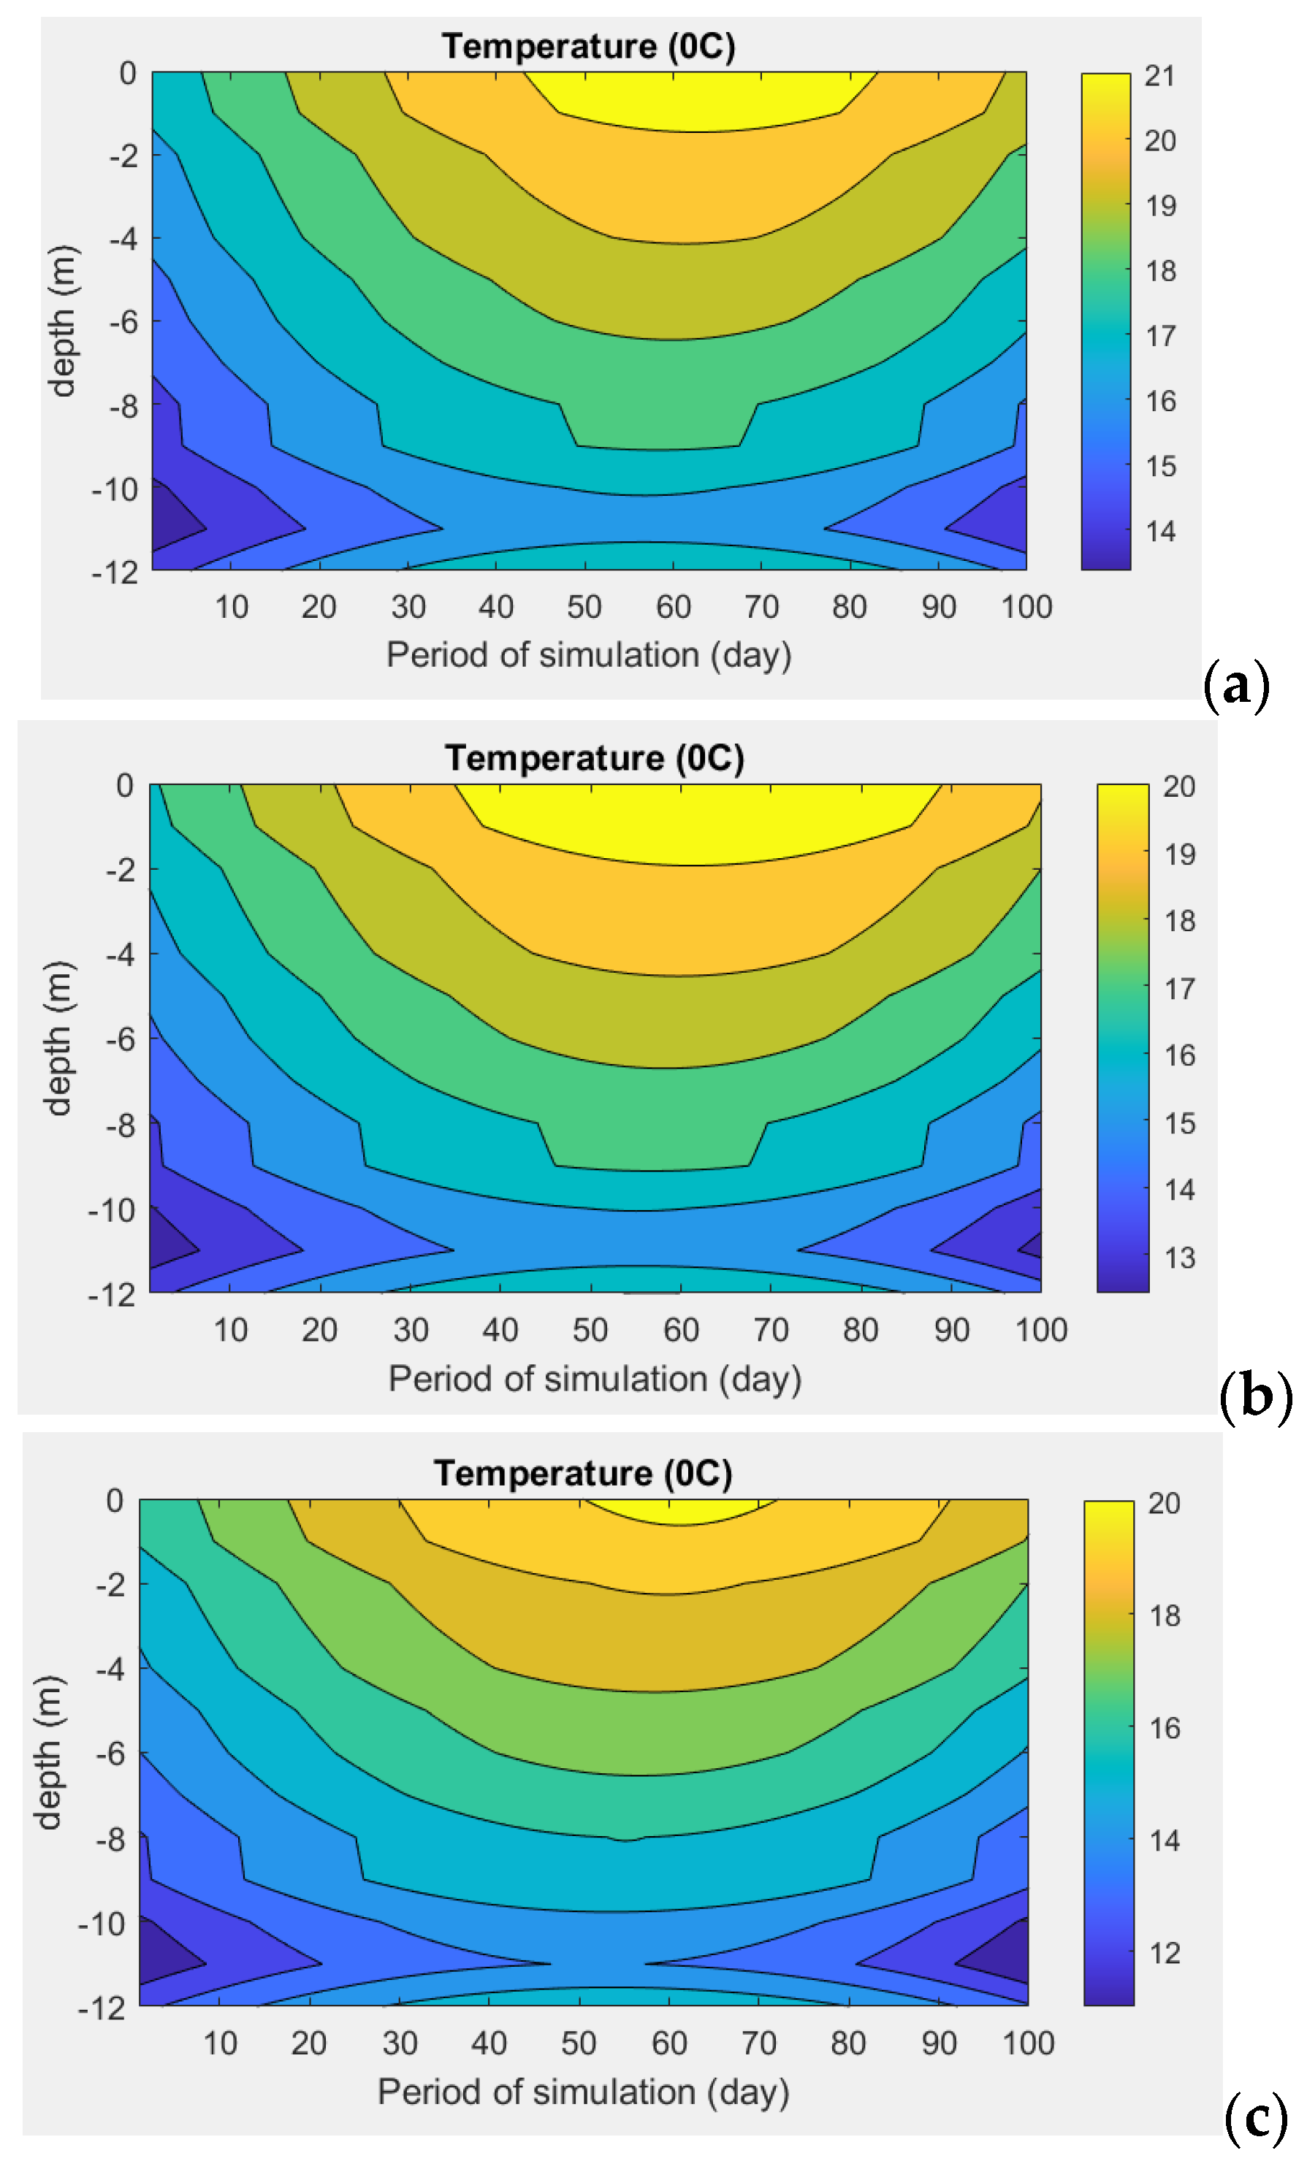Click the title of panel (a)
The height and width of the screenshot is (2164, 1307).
[x=587, y=46]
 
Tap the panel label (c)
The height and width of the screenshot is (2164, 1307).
[x=1256, y=2117]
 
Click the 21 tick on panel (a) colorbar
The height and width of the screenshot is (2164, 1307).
[x=1159, y=77]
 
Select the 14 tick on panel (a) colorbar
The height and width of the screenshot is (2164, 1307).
[x=1159, y=532]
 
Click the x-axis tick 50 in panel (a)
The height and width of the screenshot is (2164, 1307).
[x=584, y=607]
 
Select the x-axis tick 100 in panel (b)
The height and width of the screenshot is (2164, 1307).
[x=1040, y=1330]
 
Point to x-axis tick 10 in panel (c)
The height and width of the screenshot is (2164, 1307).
[x=220, y=2043]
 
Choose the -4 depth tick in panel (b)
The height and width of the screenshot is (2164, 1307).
[x=121, y=954]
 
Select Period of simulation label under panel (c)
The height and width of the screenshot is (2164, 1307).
[x=582, y=2092]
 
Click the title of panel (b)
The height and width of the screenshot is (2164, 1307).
[x=594, y=758]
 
